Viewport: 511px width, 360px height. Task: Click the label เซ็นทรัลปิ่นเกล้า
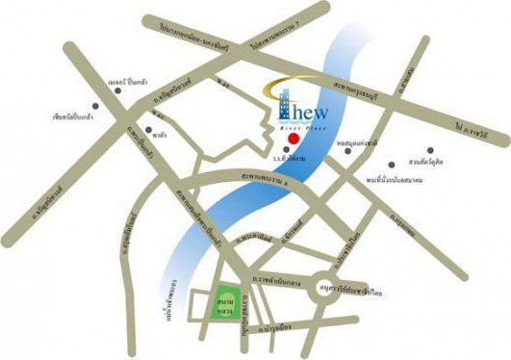(x=76, y=117)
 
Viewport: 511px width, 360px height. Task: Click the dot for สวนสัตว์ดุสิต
(x=431, y=148)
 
